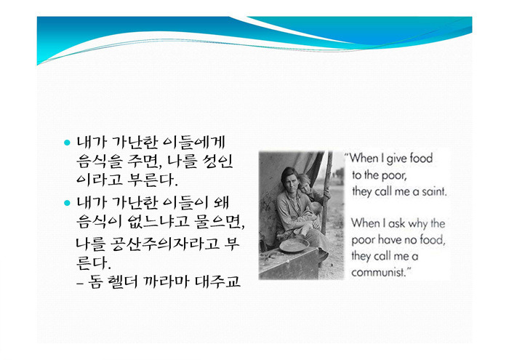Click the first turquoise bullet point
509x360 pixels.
(67, 143)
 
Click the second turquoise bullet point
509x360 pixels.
(67, 203)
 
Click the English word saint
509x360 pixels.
(434, 191)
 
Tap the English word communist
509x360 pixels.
(379, 272)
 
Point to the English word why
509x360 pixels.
(418, 224)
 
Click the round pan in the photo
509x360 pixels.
(294, 245)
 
